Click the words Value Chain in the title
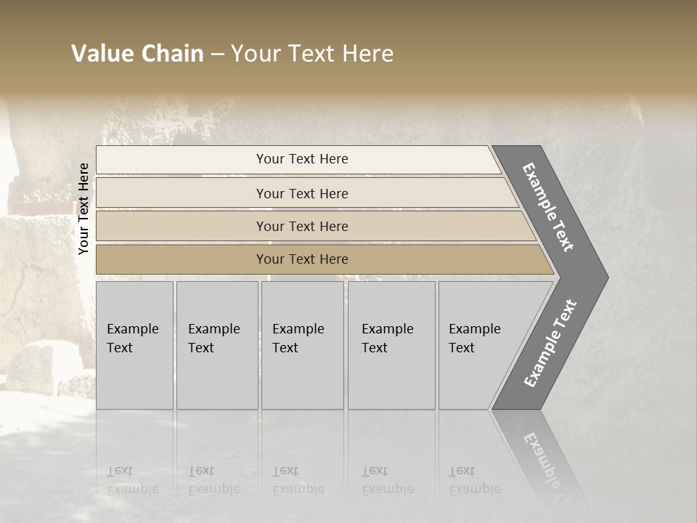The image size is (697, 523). (137, 54)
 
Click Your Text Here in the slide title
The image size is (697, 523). (312, 54)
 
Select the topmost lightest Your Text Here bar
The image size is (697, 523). (301, 159)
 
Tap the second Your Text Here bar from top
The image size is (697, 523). (301, 193)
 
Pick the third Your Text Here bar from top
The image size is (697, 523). (301, 226)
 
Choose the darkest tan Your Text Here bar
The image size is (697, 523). (301, 259)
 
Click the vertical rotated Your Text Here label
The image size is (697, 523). (83, 209)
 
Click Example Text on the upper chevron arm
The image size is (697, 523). (549, 207)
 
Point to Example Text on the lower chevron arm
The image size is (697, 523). (550, 344)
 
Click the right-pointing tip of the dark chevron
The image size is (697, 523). (604, 277)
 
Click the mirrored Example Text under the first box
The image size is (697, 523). (132, 480)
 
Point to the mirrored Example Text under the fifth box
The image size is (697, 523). (474, 480)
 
